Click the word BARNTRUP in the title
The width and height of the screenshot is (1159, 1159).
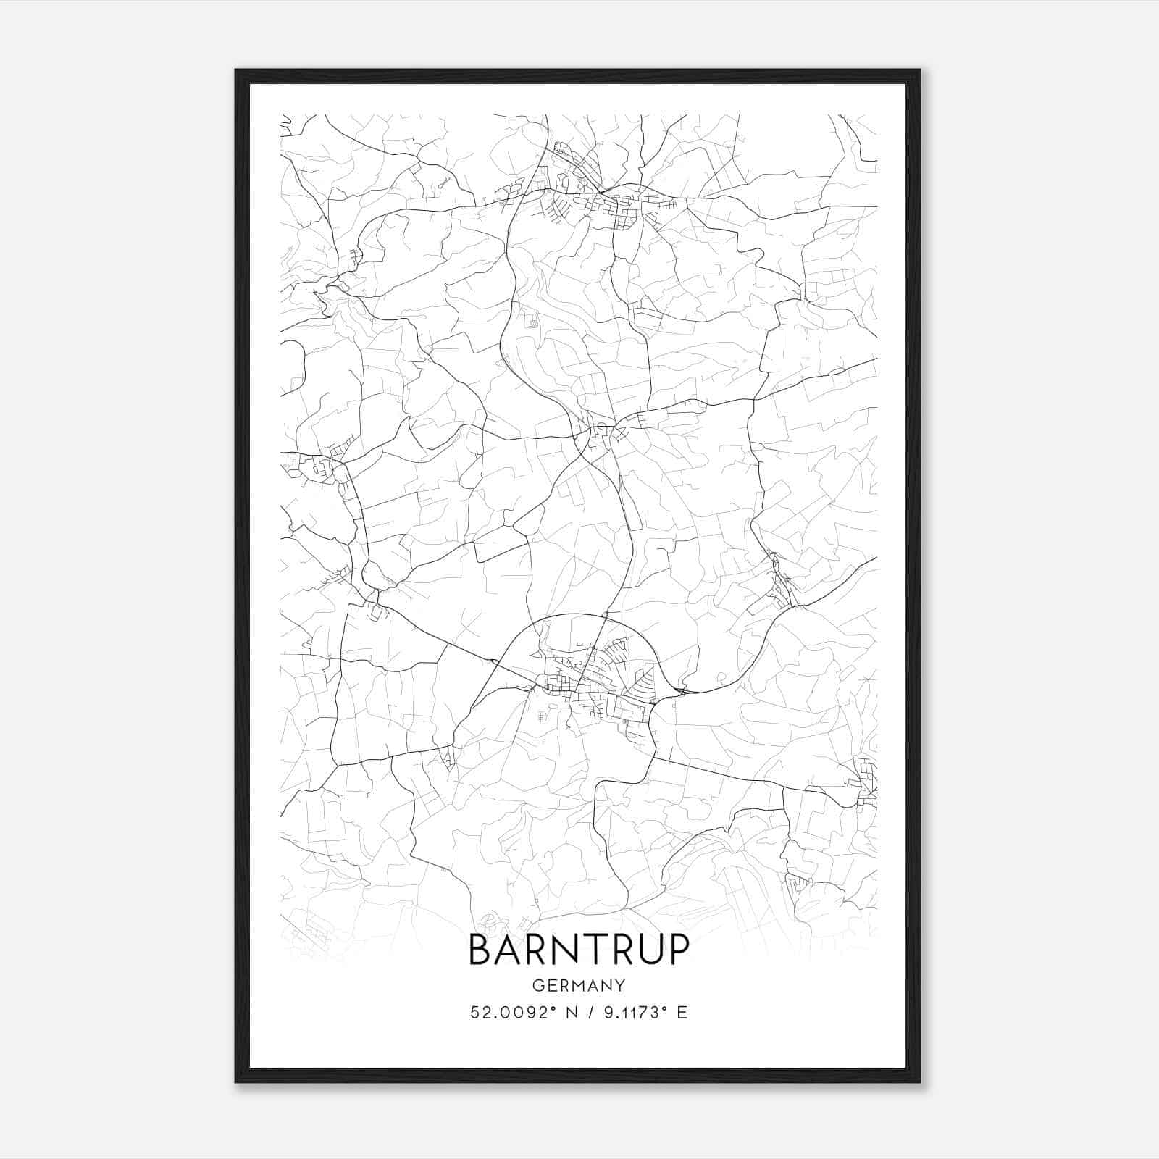point(579,950)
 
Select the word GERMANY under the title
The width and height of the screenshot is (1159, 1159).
point(579,986)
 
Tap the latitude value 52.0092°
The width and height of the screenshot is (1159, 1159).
point(508,1013)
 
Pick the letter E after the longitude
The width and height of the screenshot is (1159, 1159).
point(682,1013)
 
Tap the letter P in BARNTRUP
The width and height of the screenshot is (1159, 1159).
point(677,950)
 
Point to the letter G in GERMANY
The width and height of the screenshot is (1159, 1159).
point(537,986)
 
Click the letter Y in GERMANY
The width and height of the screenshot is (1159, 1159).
point(621,986)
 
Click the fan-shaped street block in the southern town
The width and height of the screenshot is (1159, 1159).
point(644,682)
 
